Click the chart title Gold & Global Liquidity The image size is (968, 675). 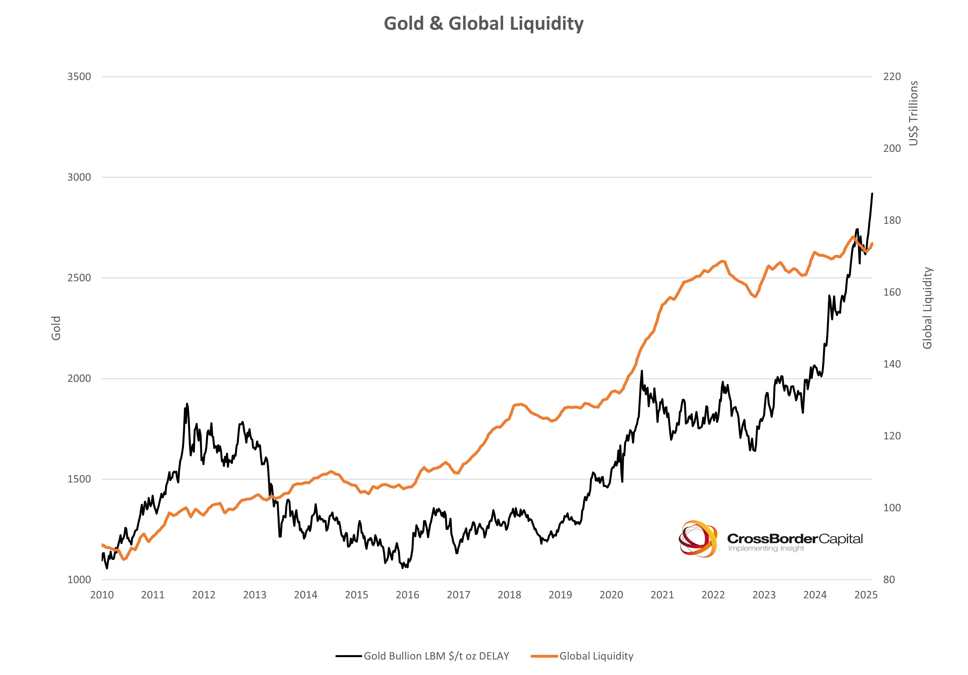point(484,24)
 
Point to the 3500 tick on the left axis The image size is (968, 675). point(79,77)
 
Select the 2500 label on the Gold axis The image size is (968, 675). point(79,278)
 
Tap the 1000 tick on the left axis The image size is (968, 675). point(79,580)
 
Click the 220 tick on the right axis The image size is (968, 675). point(892,77)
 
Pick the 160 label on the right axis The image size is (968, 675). point(892,292)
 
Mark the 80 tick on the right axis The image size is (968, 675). point(889,580)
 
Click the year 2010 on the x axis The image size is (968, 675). point(102,595)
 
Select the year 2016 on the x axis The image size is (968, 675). point(407,595)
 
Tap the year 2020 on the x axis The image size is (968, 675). point(611,595)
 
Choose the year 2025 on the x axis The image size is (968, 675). point(865,595)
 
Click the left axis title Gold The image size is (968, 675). point(56,328)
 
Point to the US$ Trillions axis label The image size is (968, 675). point(913,113)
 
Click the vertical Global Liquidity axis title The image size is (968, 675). point(927,308)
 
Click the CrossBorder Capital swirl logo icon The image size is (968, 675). point(698,539)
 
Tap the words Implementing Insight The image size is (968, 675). point(766,549)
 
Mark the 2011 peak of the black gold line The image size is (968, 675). point(187,404)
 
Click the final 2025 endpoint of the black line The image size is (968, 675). point(872,193)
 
